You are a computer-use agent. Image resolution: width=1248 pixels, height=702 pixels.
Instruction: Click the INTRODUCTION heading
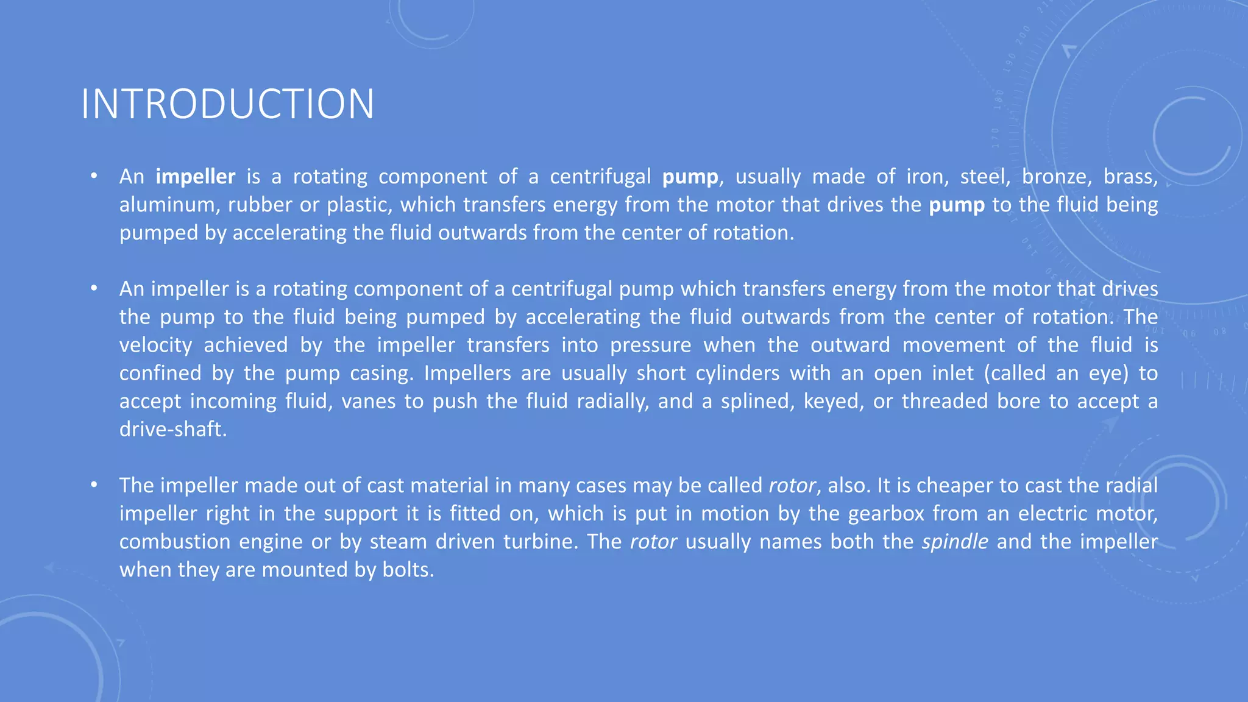227,104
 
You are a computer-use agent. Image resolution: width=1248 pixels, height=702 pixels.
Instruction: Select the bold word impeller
195,177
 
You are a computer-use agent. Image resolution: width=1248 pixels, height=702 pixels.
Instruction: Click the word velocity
155,346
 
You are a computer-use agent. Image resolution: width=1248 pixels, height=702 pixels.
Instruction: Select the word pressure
650,346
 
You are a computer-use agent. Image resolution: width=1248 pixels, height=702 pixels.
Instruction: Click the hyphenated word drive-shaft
173,430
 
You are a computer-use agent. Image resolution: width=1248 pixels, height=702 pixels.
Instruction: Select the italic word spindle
954,542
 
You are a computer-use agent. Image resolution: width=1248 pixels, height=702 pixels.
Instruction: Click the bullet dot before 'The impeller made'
94,485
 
